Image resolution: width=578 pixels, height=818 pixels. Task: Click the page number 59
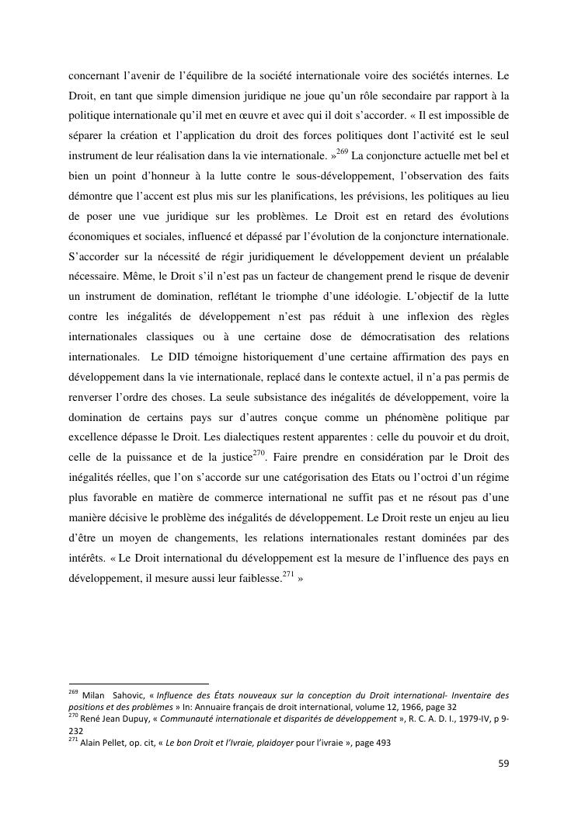[x=503, y=764]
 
